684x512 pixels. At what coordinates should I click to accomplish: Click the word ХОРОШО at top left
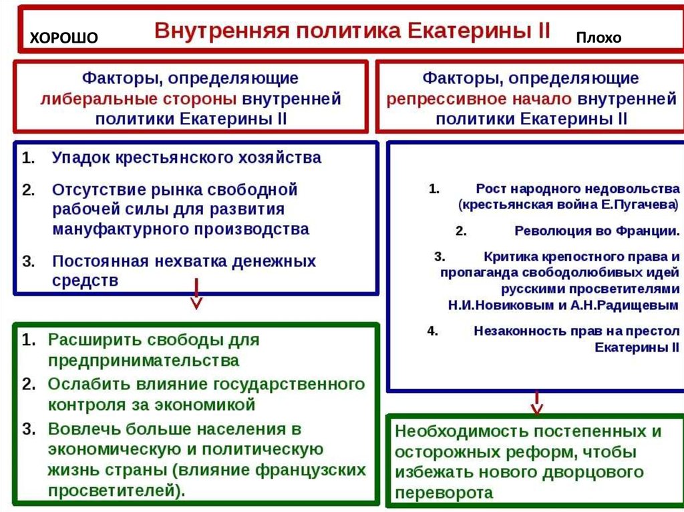pyautogui.click(x=63, y=39)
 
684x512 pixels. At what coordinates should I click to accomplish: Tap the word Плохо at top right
pyautogui.click(x=598, y=38)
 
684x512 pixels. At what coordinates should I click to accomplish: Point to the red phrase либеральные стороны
pyautogui.click(x=138, y=99)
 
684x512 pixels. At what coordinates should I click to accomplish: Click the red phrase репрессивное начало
pyautogui.click(x=478, y=99)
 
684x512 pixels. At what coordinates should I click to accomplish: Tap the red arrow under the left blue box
pyautogui.click(x=196, y=296)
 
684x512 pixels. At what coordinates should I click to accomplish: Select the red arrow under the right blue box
pyautogui.click(x=536, y=403)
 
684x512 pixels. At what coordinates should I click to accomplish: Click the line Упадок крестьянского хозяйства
pyautogui.click(x=186, y=158)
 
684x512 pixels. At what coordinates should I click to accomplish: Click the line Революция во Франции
pyautogui.click(x=597, y=231)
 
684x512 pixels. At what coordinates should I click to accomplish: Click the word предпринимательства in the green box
pyautogui.click(x=143, y=360)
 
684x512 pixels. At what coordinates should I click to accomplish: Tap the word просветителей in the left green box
pyautogui.click(x=111, y=491)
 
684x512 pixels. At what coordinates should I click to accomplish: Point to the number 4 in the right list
pyautogui.click(x=432, y=330)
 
